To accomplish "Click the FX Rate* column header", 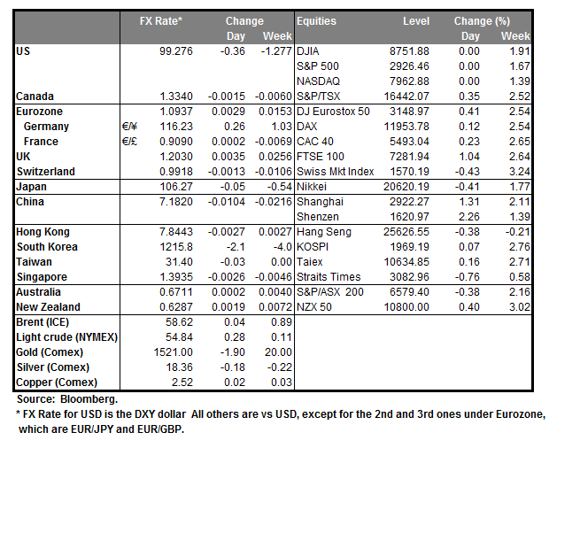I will click(161, 21).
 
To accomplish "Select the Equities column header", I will click(316, 21).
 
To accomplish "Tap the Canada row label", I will click(35, 96).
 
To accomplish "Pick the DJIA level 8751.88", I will click(410, 51).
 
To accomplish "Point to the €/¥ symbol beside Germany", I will click(130, 127).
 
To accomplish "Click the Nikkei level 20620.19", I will click(406, 187).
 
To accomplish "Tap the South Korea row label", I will click(48, 247).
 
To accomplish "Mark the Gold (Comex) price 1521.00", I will click(168, 352).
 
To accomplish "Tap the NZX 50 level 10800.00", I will click(406, 307).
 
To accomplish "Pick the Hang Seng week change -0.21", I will click(517, 232).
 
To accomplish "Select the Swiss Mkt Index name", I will click(336, 172).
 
